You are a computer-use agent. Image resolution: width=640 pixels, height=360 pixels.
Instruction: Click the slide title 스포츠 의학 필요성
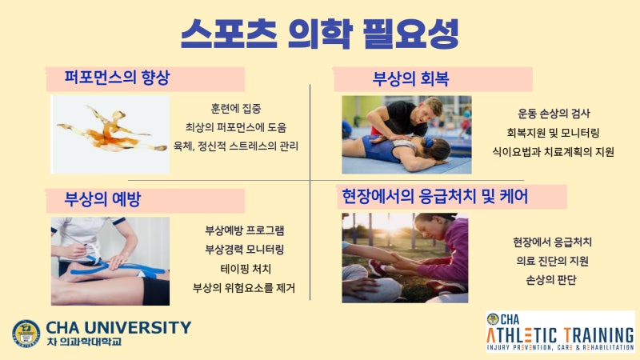[319, 33]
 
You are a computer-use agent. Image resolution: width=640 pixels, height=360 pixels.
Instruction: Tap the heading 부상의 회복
[410, 78]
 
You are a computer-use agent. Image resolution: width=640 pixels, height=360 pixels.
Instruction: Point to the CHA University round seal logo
[26, 334]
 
